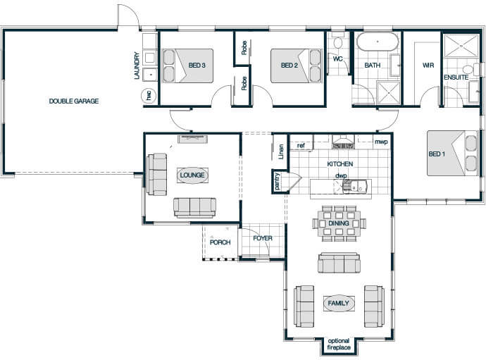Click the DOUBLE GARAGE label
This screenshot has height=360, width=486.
tap(74, 101)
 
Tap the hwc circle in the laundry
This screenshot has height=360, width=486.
tap(149, 96)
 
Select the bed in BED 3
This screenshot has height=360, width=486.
tap(188, 66)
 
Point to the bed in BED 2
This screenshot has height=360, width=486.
tap(296, 66)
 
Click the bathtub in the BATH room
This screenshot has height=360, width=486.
tap(378, 42)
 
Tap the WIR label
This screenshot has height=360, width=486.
tap(428, 66)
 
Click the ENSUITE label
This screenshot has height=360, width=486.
tap(456, 77)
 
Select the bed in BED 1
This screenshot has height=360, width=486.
tap(452, 153)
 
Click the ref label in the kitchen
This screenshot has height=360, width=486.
tap(301, 145)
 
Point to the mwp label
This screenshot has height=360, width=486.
tap(381, 142)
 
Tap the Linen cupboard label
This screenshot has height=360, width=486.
tap(281, 151)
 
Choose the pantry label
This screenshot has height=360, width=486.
tap(277, 181)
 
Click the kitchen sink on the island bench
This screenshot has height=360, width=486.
tap(356, 186)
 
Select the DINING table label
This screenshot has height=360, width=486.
tap(339, 223)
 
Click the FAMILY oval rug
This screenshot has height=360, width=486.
tap(339, 303)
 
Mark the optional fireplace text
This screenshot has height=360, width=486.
tap(339, 345)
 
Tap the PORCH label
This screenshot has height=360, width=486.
tap(220, 242)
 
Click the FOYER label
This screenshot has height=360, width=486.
tap(263, 238)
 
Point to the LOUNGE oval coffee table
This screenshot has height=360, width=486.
tap(192, 175)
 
